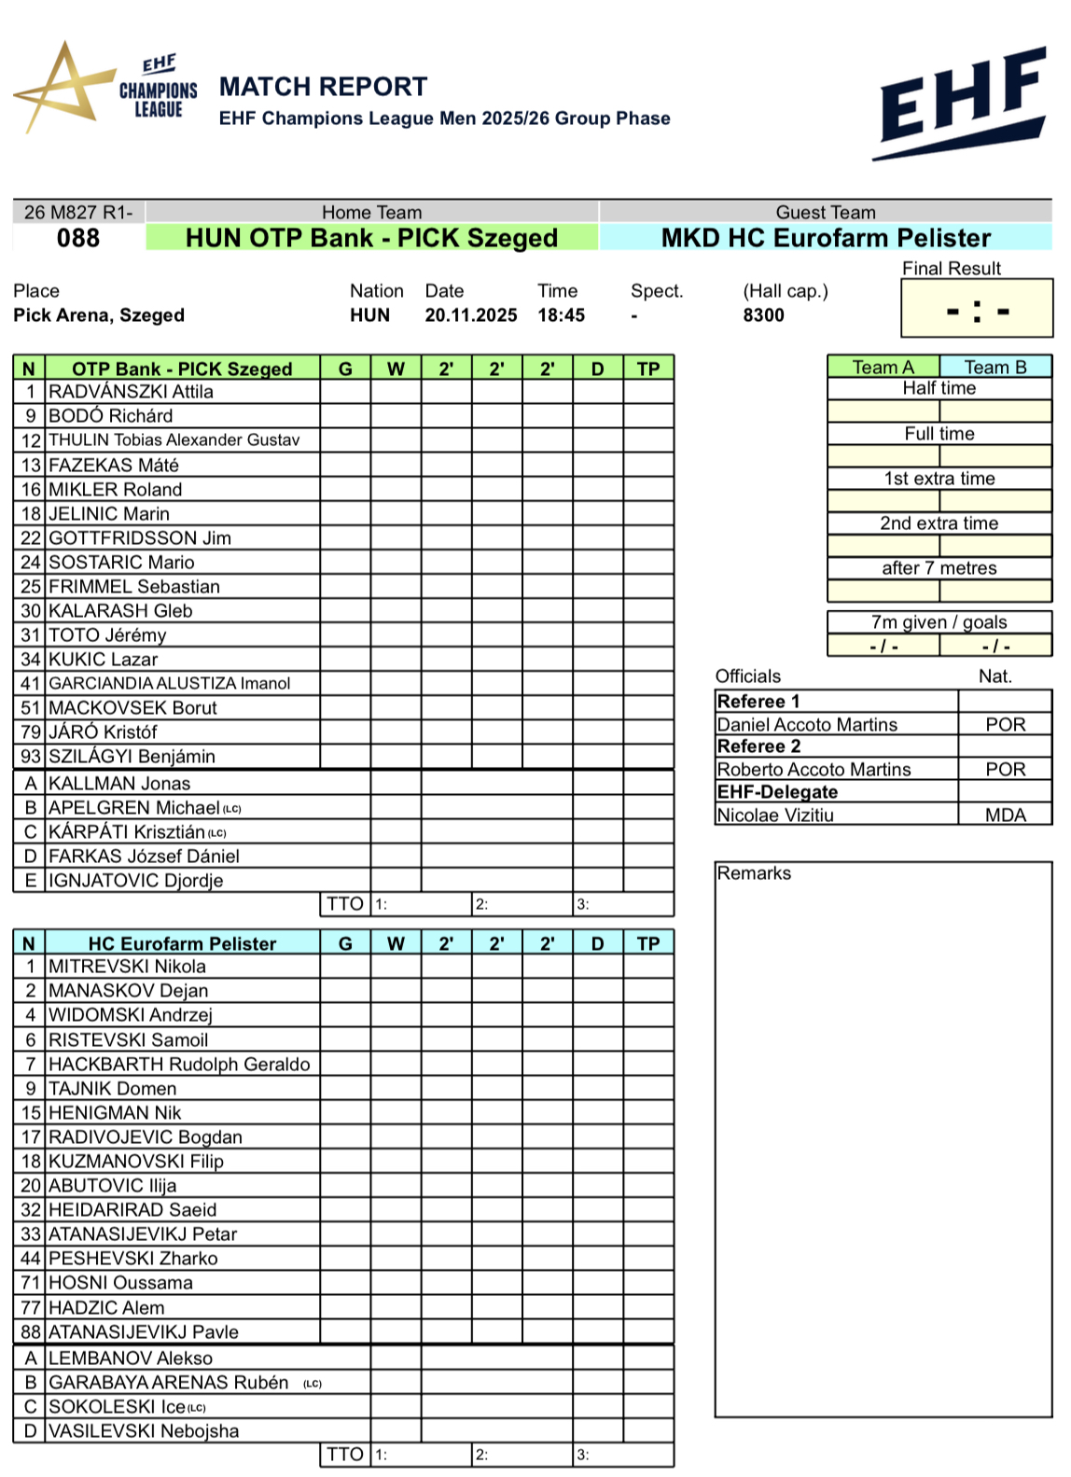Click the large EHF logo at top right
tap(962, 103)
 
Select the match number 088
tap(78, 238)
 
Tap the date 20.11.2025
tap(471, 315)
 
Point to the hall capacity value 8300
tap(763, 315)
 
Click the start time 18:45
tap(561, 315)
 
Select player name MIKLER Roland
tap(116, 490)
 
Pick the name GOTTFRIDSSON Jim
tap(140, 538)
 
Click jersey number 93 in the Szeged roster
tap(31, 757)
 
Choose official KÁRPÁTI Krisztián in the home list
tap(127, 832)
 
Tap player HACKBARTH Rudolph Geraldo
tap(179, 1065)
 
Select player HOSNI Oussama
tap(120, 1283)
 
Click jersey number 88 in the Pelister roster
tap(31, 1332)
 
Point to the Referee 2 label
tap(758, 746)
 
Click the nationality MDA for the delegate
tap(1005, 815)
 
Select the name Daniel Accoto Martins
tap(807, 725)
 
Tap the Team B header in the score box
tap(994, 368)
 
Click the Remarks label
tap(754, 873)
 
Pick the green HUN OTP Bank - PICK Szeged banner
tap(371, 238)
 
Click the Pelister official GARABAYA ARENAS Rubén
tap(168, 1383)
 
